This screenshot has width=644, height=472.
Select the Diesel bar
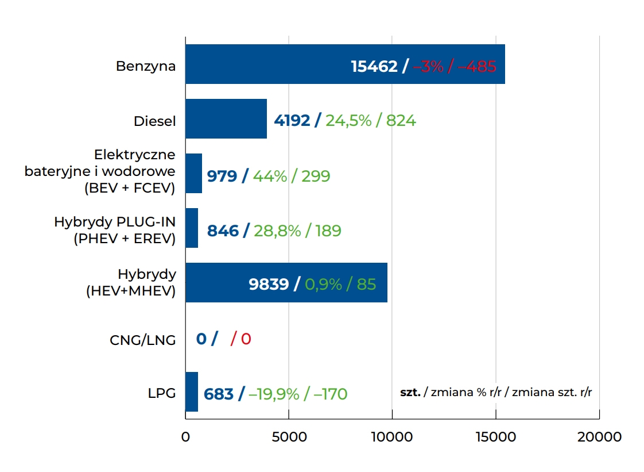(226, 119)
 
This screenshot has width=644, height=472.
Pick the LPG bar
(192, 392)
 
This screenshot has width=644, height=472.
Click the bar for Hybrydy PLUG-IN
(192, 228)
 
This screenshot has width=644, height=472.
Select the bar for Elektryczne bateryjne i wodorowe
(194, 174)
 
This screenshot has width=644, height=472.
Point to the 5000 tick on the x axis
(289, 437)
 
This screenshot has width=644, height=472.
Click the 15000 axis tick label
(496, 437)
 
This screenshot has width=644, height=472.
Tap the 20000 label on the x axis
(599, 437)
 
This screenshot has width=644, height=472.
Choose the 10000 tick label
(392, 437)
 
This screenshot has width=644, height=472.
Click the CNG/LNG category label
(142, 340)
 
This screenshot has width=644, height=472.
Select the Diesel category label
(154, 121)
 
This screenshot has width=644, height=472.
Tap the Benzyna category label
(146, 66)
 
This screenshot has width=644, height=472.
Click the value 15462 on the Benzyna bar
(374, 66)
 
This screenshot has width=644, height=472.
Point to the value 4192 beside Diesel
(292, 121)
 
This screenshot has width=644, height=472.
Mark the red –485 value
(476, 66)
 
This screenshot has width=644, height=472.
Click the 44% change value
(270, 176)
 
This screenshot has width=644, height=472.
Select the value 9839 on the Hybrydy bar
(269, 284)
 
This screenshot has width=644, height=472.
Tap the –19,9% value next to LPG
(274, 394)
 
